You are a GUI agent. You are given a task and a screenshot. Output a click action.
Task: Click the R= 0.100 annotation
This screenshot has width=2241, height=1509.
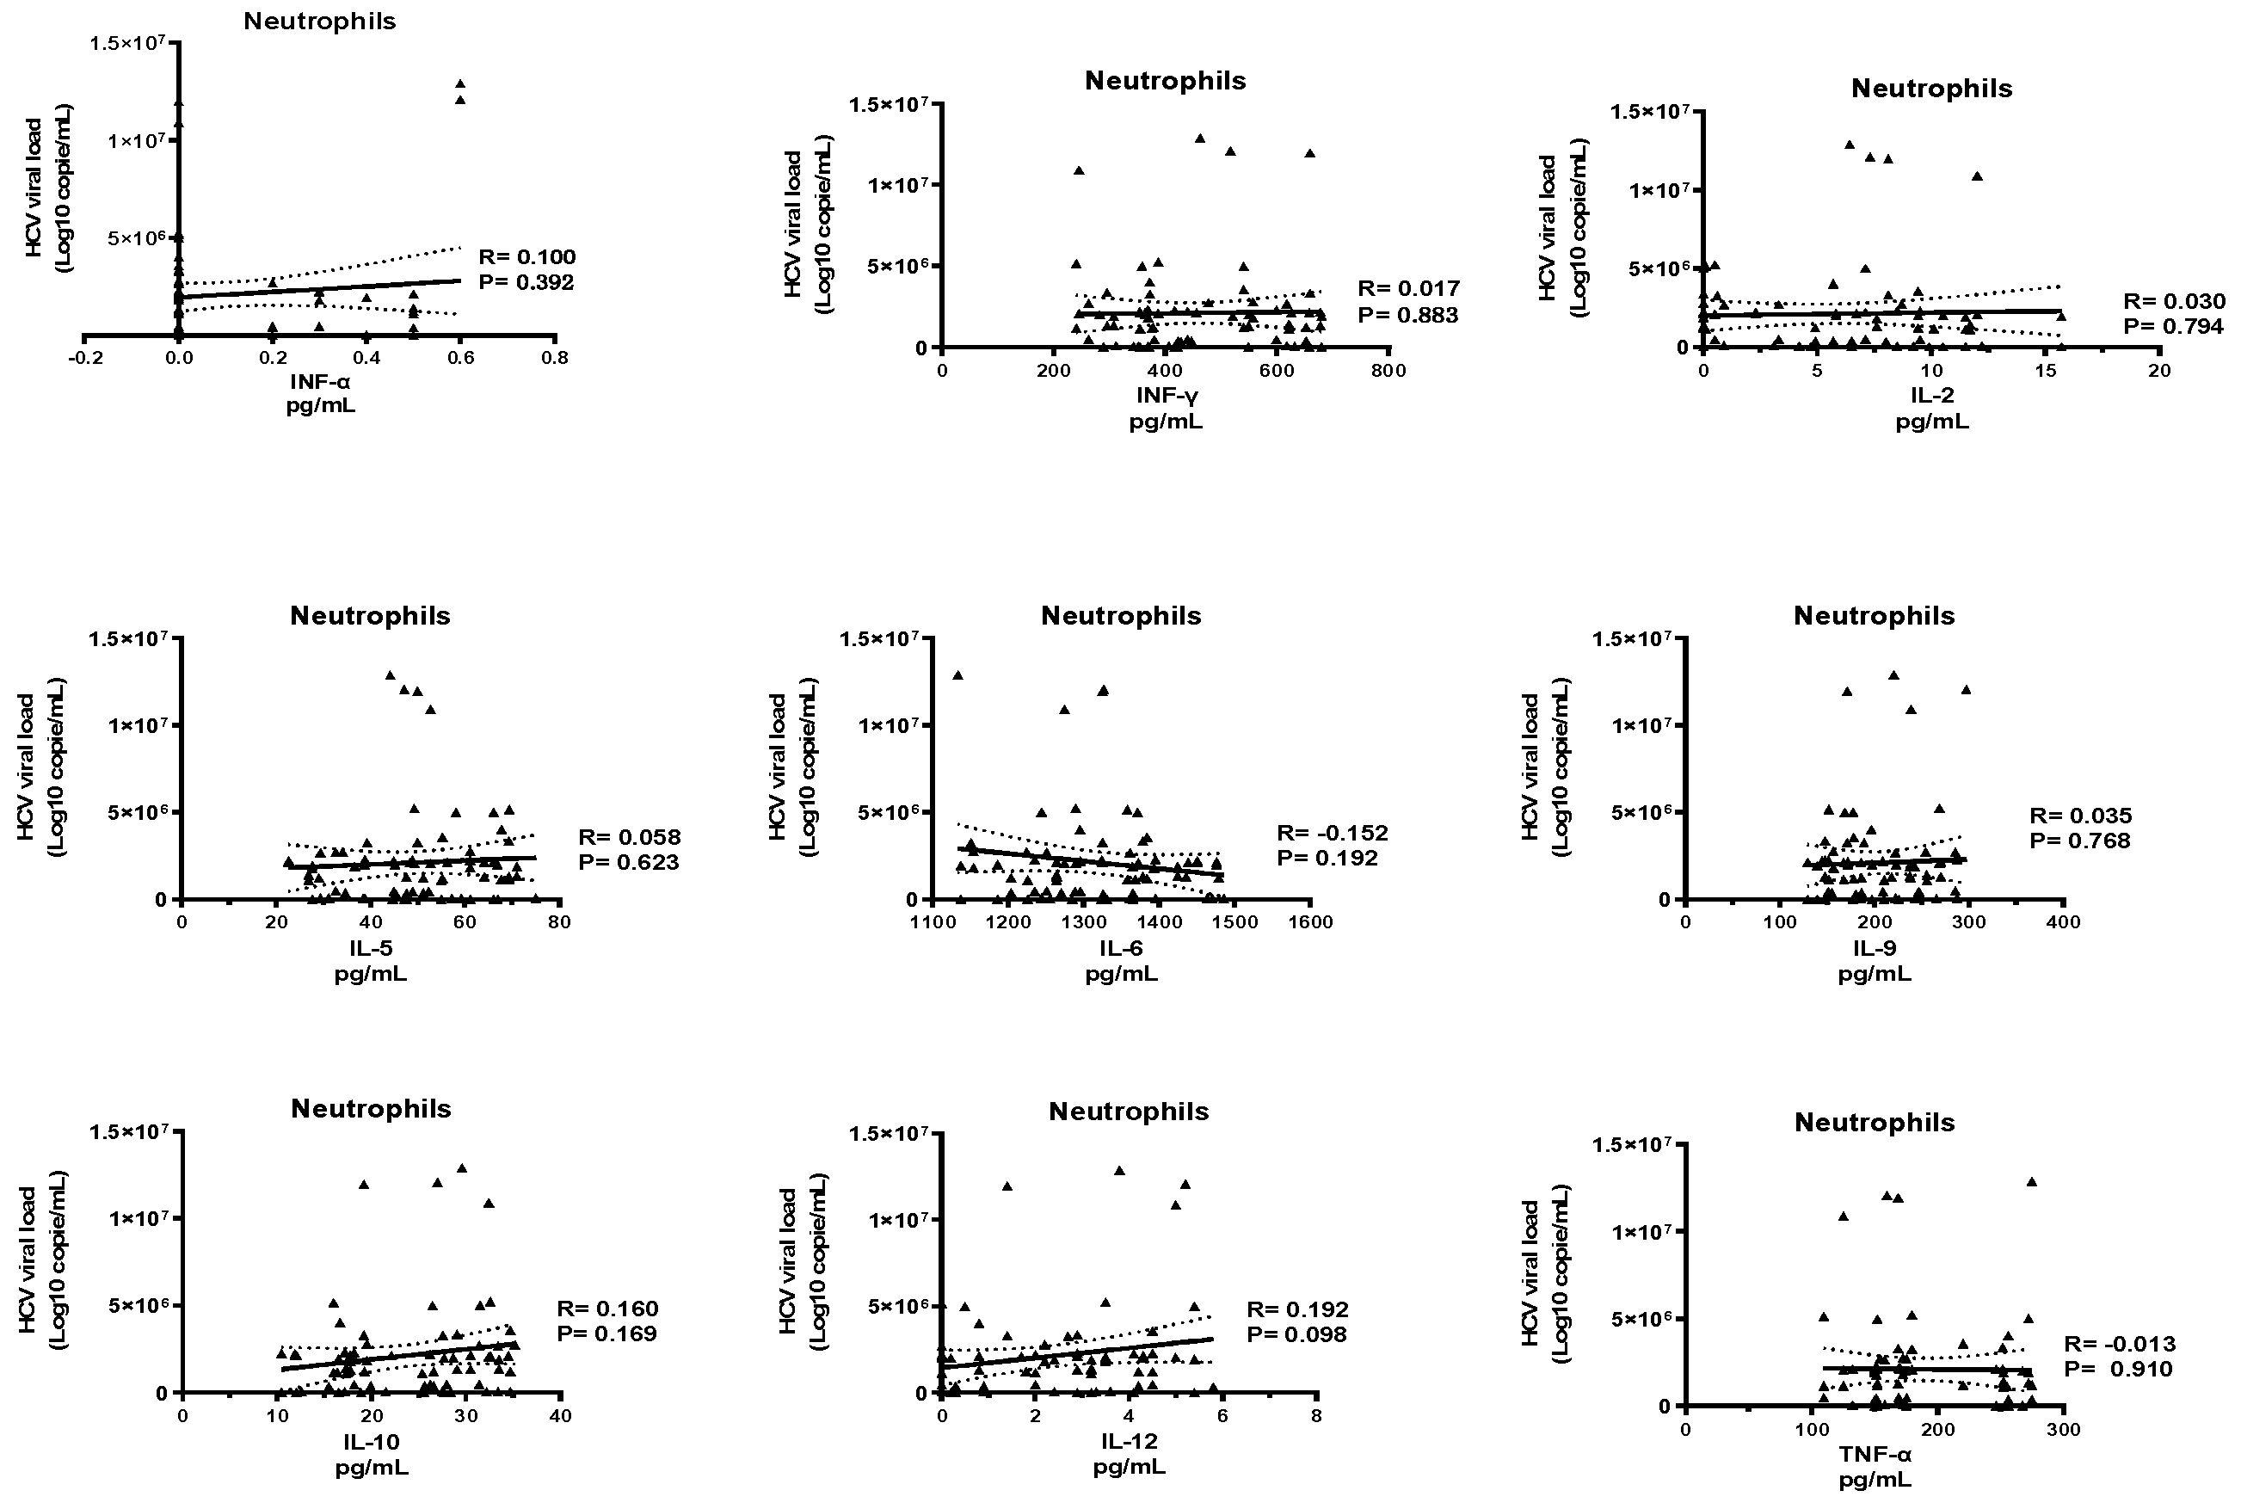tap(526, 257)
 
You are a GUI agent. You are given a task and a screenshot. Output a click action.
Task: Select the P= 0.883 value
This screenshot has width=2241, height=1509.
tap(1407, 315)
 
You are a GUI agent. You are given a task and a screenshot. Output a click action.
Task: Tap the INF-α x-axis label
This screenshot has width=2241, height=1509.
tap(319, 382)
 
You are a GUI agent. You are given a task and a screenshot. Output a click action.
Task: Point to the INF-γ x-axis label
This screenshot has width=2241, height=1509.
tap(1167, 395)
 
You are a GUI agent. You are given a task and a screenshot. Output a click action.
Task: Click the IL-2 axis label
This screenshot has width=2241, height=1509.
tap(1931, 395)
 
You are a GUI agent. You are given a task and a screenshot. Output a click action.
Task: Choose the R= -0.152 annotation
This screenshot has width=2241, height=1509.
tap(1332, 833)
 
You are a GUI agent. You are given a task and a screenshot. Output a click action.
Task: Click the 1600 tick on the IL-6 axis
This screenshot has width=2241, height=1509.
tap(1309, 922)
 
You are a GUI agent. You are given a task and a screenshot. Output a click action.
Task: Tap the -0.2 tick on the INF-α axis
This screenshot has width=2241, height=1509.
tap(84, 358)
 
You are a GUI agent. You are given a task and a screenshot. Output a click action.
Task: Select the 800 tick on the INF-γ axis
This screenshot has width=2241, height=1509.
tap(1388, 371)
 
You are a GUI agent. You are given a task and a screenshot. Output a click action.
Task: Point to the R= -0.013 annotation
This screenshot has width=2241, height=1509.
tap(2119, 1344)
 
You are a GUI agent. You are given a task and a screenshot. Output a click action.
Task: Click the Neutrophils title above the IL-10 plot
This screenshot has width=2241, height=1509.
tap(371, 1109)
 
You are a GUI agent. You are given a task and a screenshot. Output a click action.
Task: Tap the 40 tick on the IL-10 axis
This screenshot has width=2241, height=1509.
tap(560, 1415)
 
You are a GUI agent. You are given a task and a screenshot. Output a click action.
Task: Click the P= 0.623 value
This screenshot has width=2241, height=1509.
tap(628, 862)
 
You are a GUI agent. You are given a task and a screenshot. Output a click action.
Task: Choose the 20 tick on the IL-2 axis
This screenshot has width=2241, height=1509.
tap(2159, 371)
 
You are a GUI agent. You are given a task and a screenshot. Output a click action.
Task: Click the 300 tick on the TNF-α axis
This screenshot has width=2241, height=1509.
tap(2063, 1429)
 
